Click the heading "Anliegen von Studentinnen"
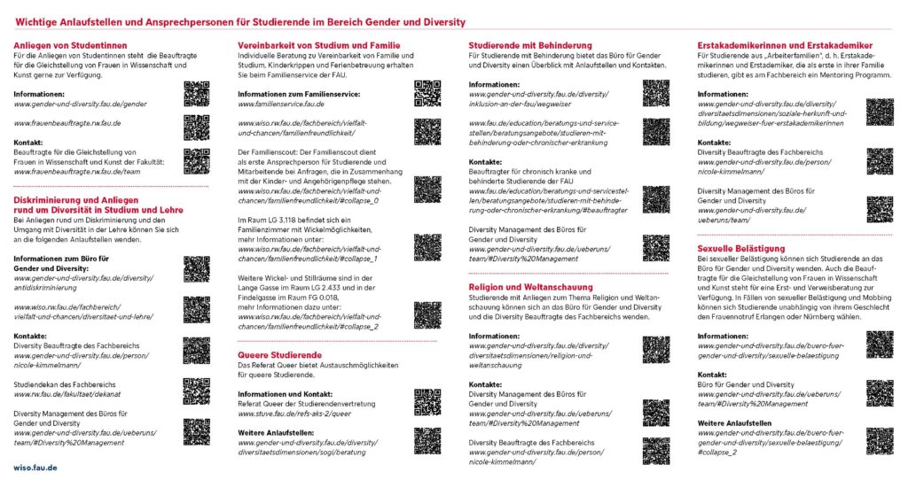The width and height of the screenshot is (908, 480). pos(70,45)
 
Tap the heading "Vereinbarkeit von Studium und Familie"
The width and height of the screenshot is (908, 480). pos(318,45)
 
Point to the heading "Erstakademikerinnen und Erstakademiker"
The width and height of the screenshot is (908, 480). pos(784,45)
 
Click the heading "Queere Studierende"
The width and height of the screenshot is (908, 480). pos(279,354)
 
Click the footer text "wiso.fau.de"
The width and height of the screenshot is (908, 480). pos(35,466)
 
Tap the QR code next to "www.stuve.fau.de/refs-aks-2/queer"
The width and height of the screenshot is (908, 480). pos(427,401)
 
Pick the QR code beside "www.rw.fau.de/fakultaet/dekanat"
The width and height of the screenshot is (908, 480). pos(196,391)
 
